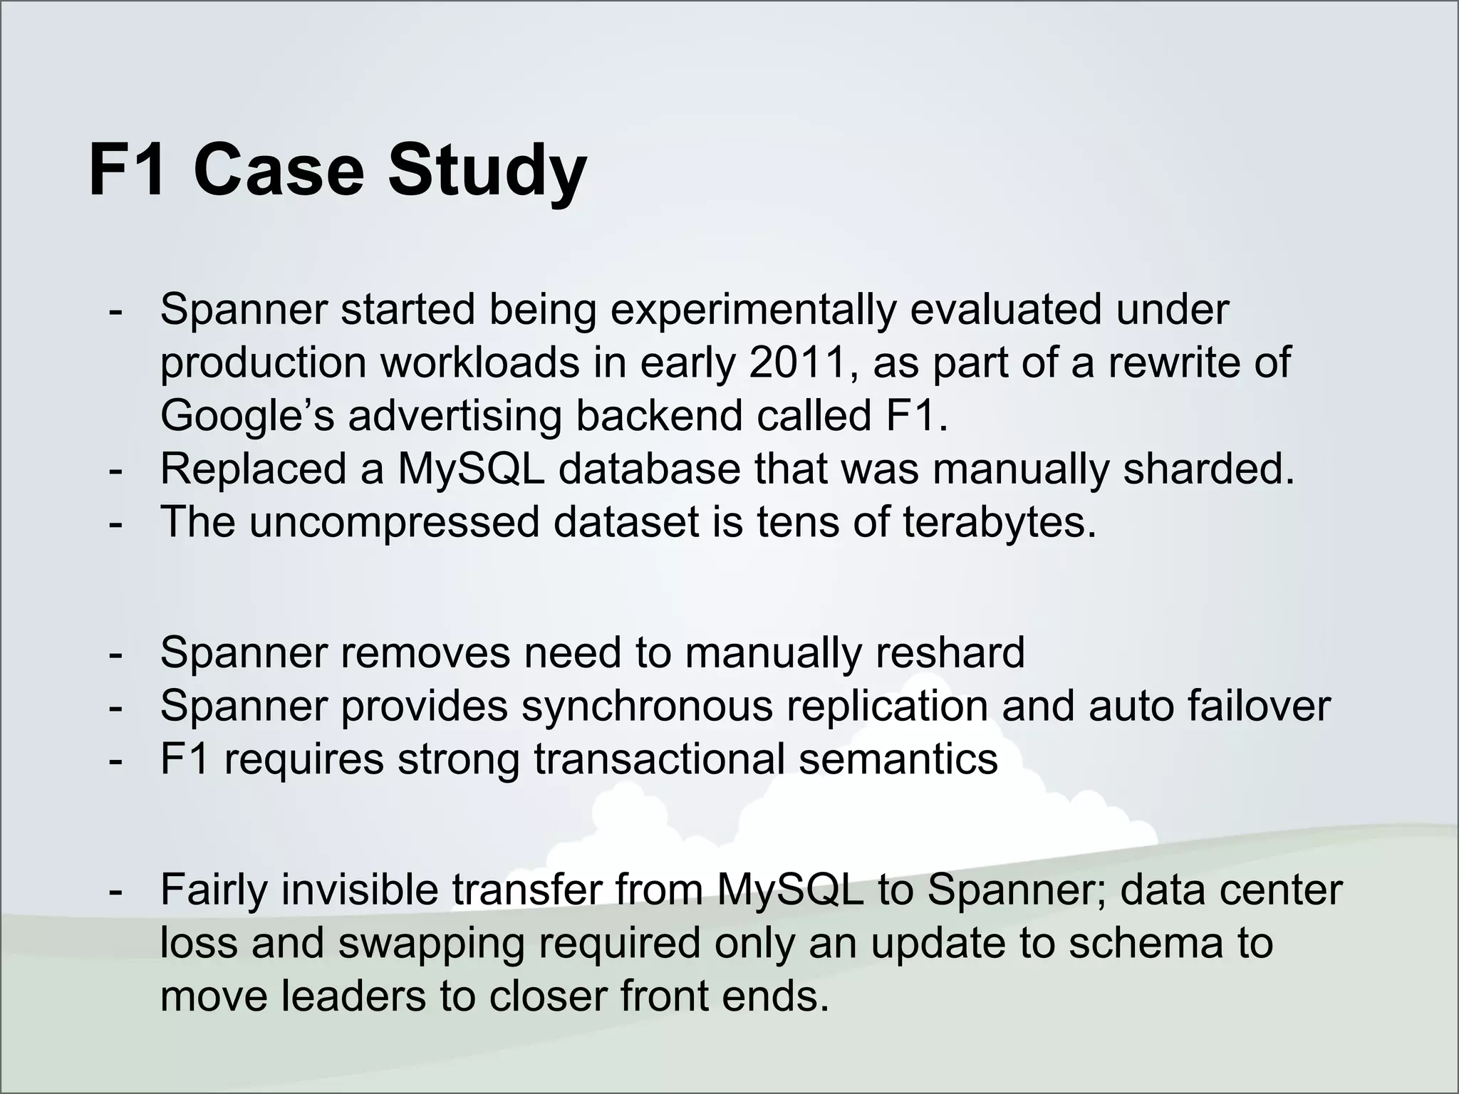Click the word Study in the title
pyautogui.click(x=487, y=172)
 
